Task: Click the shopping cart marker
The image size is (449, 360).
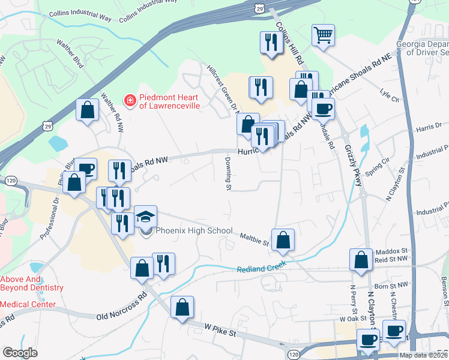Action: tap(323, 35)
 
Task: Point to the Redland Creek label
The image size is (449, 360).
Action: tap(262, 268)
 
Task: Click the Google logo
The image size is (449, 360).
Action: tap(20, 353)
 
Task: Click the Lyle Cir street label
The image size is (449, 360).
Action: tap(390, 96)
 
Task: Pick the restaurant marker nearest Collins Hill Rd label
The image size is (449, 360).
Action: tap(270, 41)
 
